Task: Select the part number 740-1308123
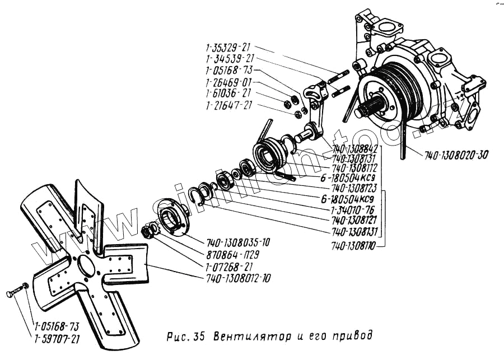(354, 188)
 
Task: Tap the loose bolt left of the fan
(17, 292)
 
